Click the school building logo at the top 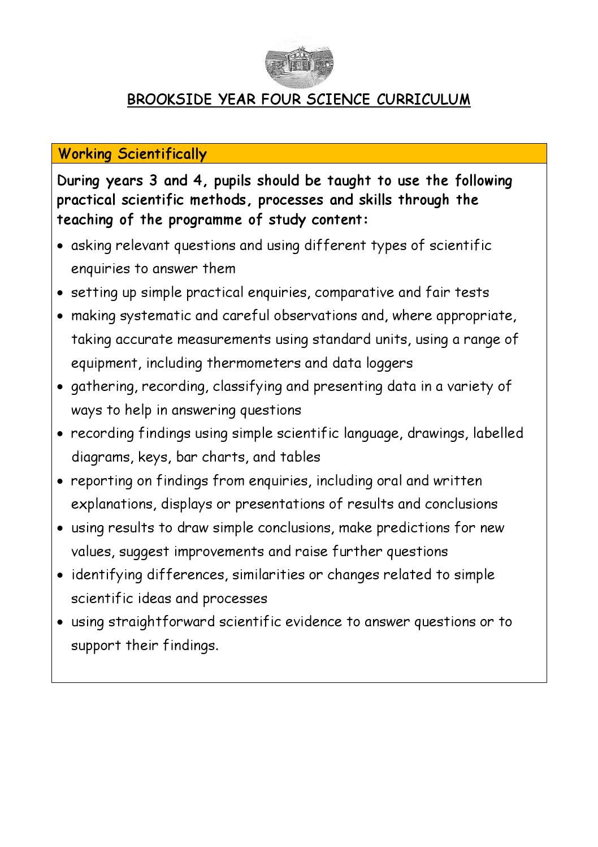click(299, 62)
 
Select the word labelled click(498, 433)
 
